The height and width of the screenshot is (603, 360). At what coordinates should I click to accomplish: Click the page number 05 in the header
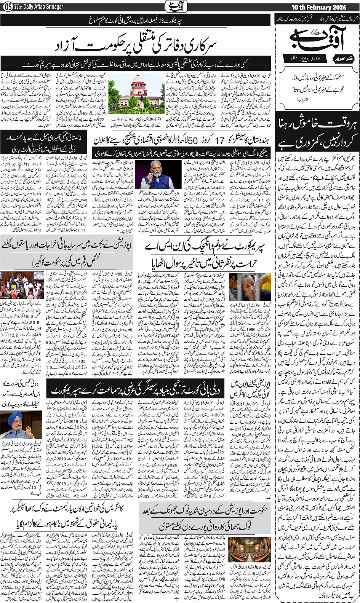click(6, 7)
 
